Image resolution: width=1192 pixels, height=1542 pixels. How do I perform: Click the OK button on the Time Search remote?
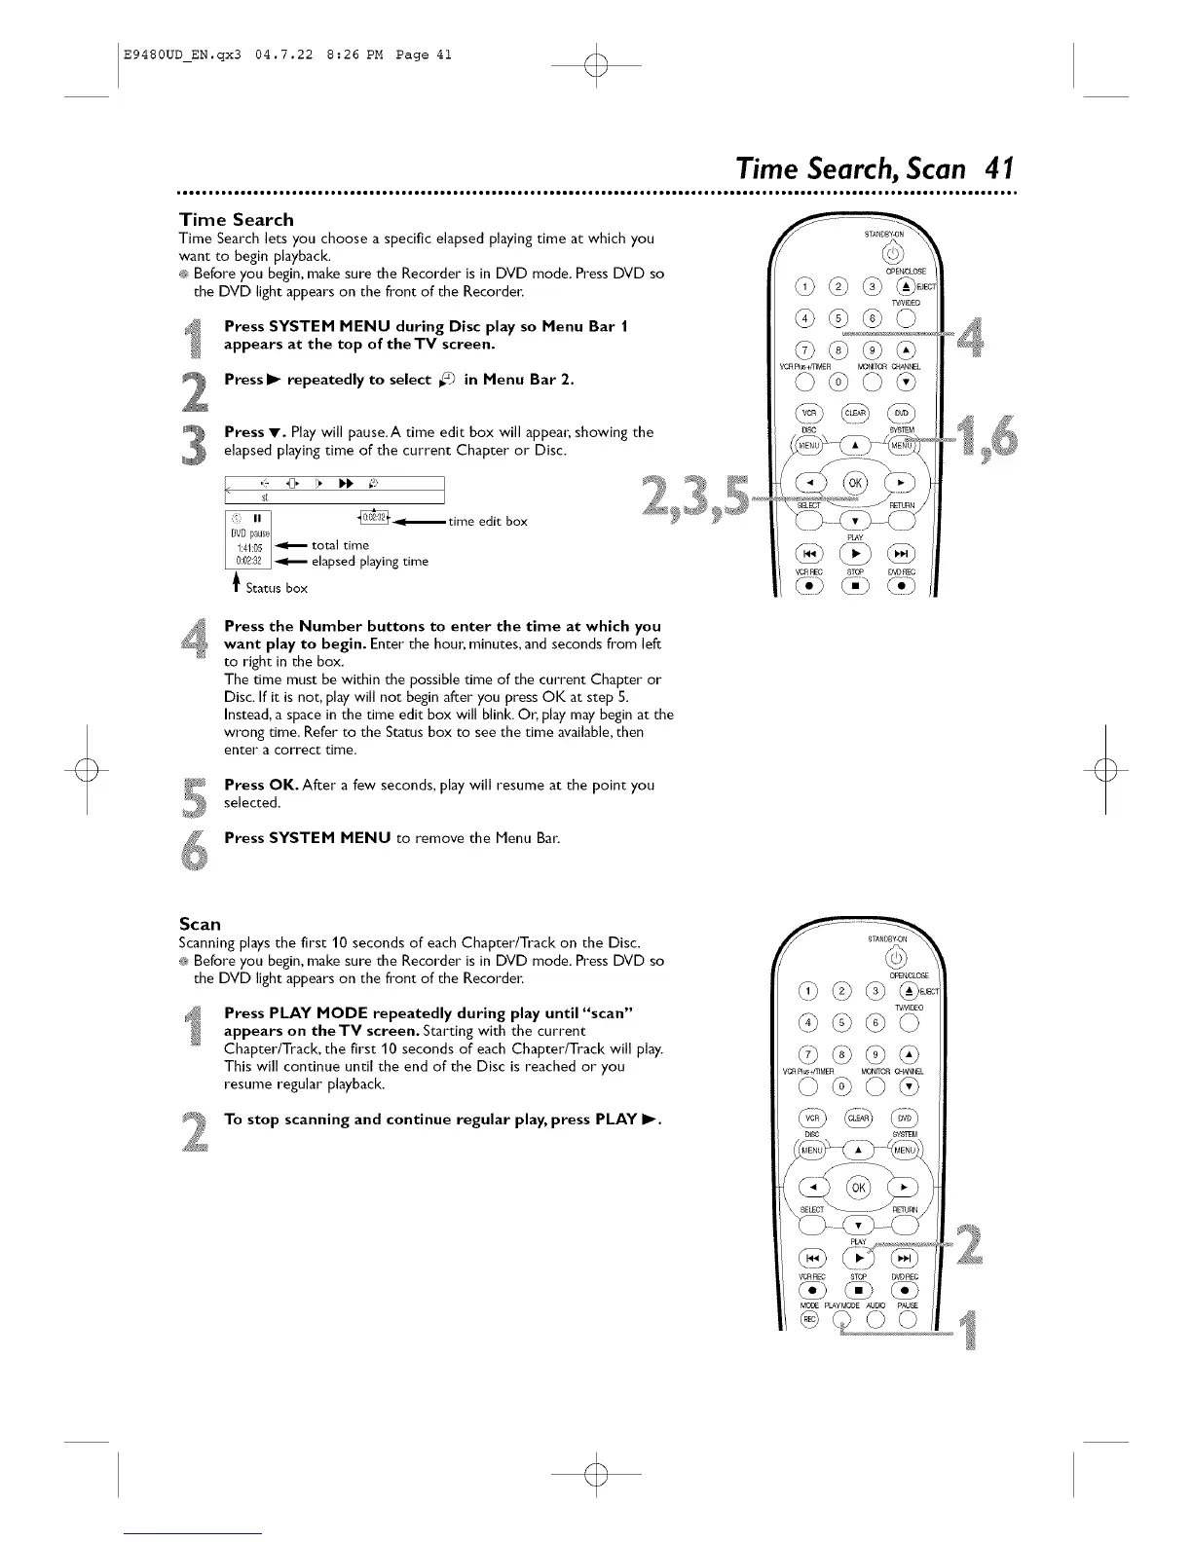pyautogui.click(x=858, y=483)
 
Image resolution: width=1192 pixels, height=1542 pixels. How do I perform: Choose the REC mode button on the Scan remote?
pyautogui.click(x=806, y=1320)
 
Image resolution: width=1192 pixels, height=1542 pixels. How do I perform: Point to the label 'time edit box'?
pyautogui.click(x=488, y=521)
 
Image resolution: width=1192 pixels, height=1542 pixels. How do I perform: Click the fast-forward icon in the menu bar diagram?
pyautogui.click(x=344, y=483)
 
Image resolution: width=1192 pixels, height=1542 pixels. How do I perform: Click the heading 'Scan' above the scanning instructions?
pyautogui.click(x=200, y=923)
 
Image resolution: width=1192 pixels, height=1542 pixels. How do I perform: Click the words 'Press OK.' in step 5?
pyautogui.click(x=257, y=785)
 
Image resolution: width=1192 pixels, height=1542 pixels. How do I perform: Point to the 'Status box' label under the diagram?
pyautogui.click(x=276, y=588)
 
